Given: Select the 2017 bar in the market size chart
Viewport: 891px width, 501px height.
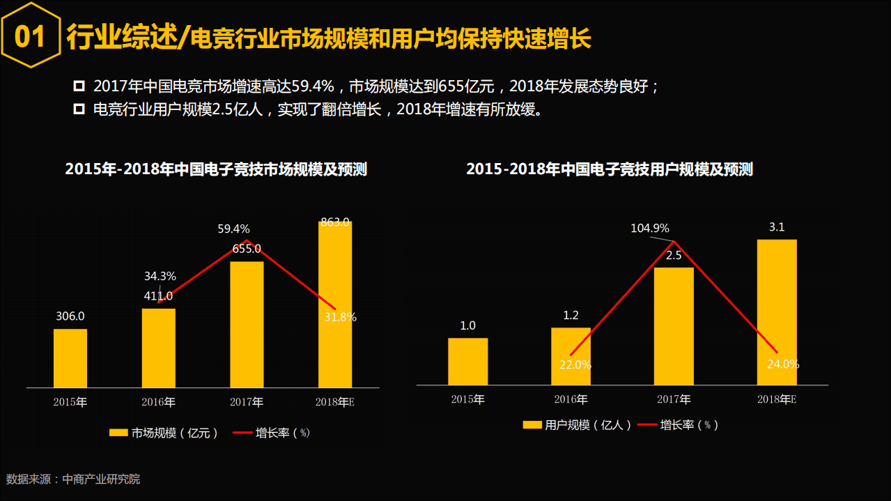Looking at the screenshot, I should click(x=247, y=324).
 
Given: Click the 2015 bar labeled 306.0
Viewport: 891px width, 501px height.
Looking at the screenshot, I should click(x=70, y=357).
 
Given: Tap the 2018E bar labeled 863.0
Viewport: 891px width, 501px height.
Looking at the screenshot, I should click(x=335, y=305).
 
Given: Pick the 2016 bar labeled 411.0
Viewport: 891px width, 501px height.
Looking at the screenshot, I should click(x=159, y=348).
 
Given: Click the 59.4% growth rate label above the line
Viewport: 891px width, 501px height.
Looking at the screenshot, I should click(x=233, y=229).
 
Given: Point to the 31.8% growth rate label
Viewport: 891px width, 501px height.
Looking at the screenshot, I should click(x=340, y=317).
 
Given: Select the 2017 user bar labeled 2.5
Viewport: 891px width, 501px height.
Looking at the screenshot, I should click(x=674, y=325).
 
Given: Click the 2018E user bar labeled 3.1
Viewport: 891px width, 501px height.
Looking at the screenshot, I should click(x=777, y=311).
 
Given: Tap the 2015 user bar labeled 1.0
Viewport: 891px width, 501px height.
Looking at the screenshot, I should click(x=467, y=361).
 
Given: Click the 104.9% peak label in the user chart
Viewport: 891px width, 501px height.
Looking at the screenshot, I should click(x=649, y=228).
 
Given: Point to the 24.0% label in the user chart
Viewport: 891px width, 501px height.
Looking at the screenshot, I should click(x=783, y=364).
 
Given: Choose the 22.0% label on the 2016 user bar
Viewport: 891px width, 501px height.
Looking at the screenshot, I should click(x=575, y=364).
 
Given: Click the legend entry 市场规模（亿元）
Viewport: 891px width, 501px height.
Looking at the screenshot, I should click(x=164, y=433).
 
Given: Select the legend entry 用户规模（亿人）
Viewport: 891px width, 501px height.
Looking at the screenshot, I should click(x=578, y=424).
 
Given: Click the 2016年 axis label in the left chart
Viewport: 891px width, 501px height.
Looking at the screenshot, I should click(x=159, y=402).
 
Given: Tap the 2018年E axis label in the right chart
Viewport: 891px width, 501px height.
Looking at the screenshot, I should click(x=777, y=399).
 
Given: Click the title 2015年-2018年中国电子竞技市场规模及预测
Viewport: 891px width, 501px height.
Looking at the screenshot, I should click(x=216, y=169).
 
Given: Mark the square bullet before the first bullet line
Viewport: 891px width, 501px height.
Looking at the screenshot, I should click(x=79, y=86).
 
